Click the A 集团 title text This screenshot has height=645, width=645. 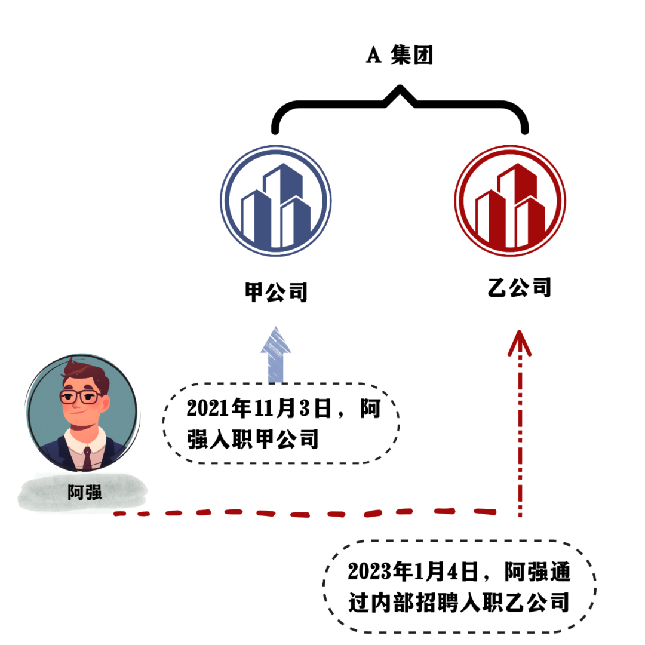399,56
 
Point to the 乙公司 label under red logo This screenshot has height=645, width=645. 518,288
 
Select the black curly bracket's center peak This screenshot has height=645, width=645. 400,93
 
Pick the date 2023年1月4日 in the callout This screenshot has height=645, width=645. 413,572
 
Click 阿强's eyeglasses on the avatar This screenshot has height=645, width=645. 81,396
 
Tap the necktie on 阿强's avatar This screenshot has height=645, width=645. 87,457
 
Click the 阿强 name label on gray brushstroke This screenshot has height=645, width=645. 84,493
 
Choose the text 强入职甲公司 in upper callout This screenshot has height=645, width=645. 251,441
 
